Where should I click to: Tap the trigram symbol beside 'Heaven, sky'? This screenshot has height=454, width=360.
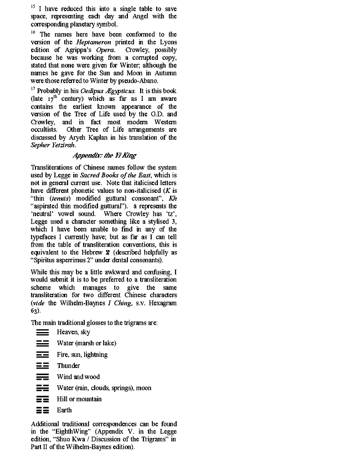[x=42, y=332]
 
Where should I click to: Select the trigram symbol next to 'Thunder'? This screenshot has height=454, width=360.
[x=42, y=366]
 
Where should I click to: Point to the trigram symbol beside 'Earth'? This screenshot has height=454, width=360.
[x=42, y=411]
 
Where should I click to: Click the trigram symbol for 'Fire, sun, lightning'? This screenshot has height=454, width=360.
[x=42, y=355]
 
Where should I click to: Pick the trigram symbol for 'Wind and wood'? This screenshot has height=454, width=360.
[x=42, y=377]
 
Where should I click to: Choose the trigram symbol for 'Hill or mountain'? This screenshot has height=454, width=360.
[x=42, y=399]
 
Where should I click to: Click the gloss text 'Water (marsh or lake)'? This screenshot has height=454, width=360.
[x=86, y=343]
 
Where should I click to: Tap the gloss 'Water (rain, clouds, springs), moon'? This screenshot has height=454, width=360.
[x=104, y=388]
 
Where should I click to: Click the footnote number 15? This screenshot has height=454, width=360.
[x=33, y=7]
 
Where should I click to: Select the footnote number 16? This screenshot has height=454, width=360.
[x=33, y=33]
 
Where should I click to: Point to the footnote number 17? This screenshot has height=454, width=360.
[x=33, y=89]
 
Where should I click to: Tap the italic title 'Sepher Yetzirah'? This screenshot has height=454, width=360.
[x=54, y=145]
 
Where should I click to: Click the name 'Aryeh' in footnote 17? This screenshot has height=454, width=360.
[x=89, y=137]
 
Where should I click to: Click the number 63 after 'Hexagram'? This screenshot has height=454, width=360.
[x=34, y=312]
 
